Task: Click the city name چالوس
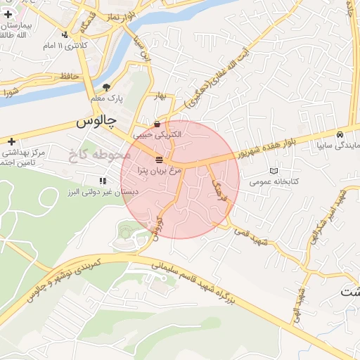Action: coord(96,122)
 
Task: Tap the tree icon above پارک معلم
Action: coord(106,88)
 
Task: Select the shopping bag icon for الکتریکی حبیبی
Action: coord(167,124)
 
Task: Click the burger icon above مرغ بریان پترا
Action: coord(159,159)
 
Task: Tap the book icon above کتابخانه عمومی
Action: coord(274,171)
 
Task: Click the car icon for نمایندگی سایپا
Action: coord(340,134)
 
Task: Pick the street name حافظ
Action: coord(68,75)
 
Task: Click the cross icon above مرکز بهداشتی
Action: coord(11,141)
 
